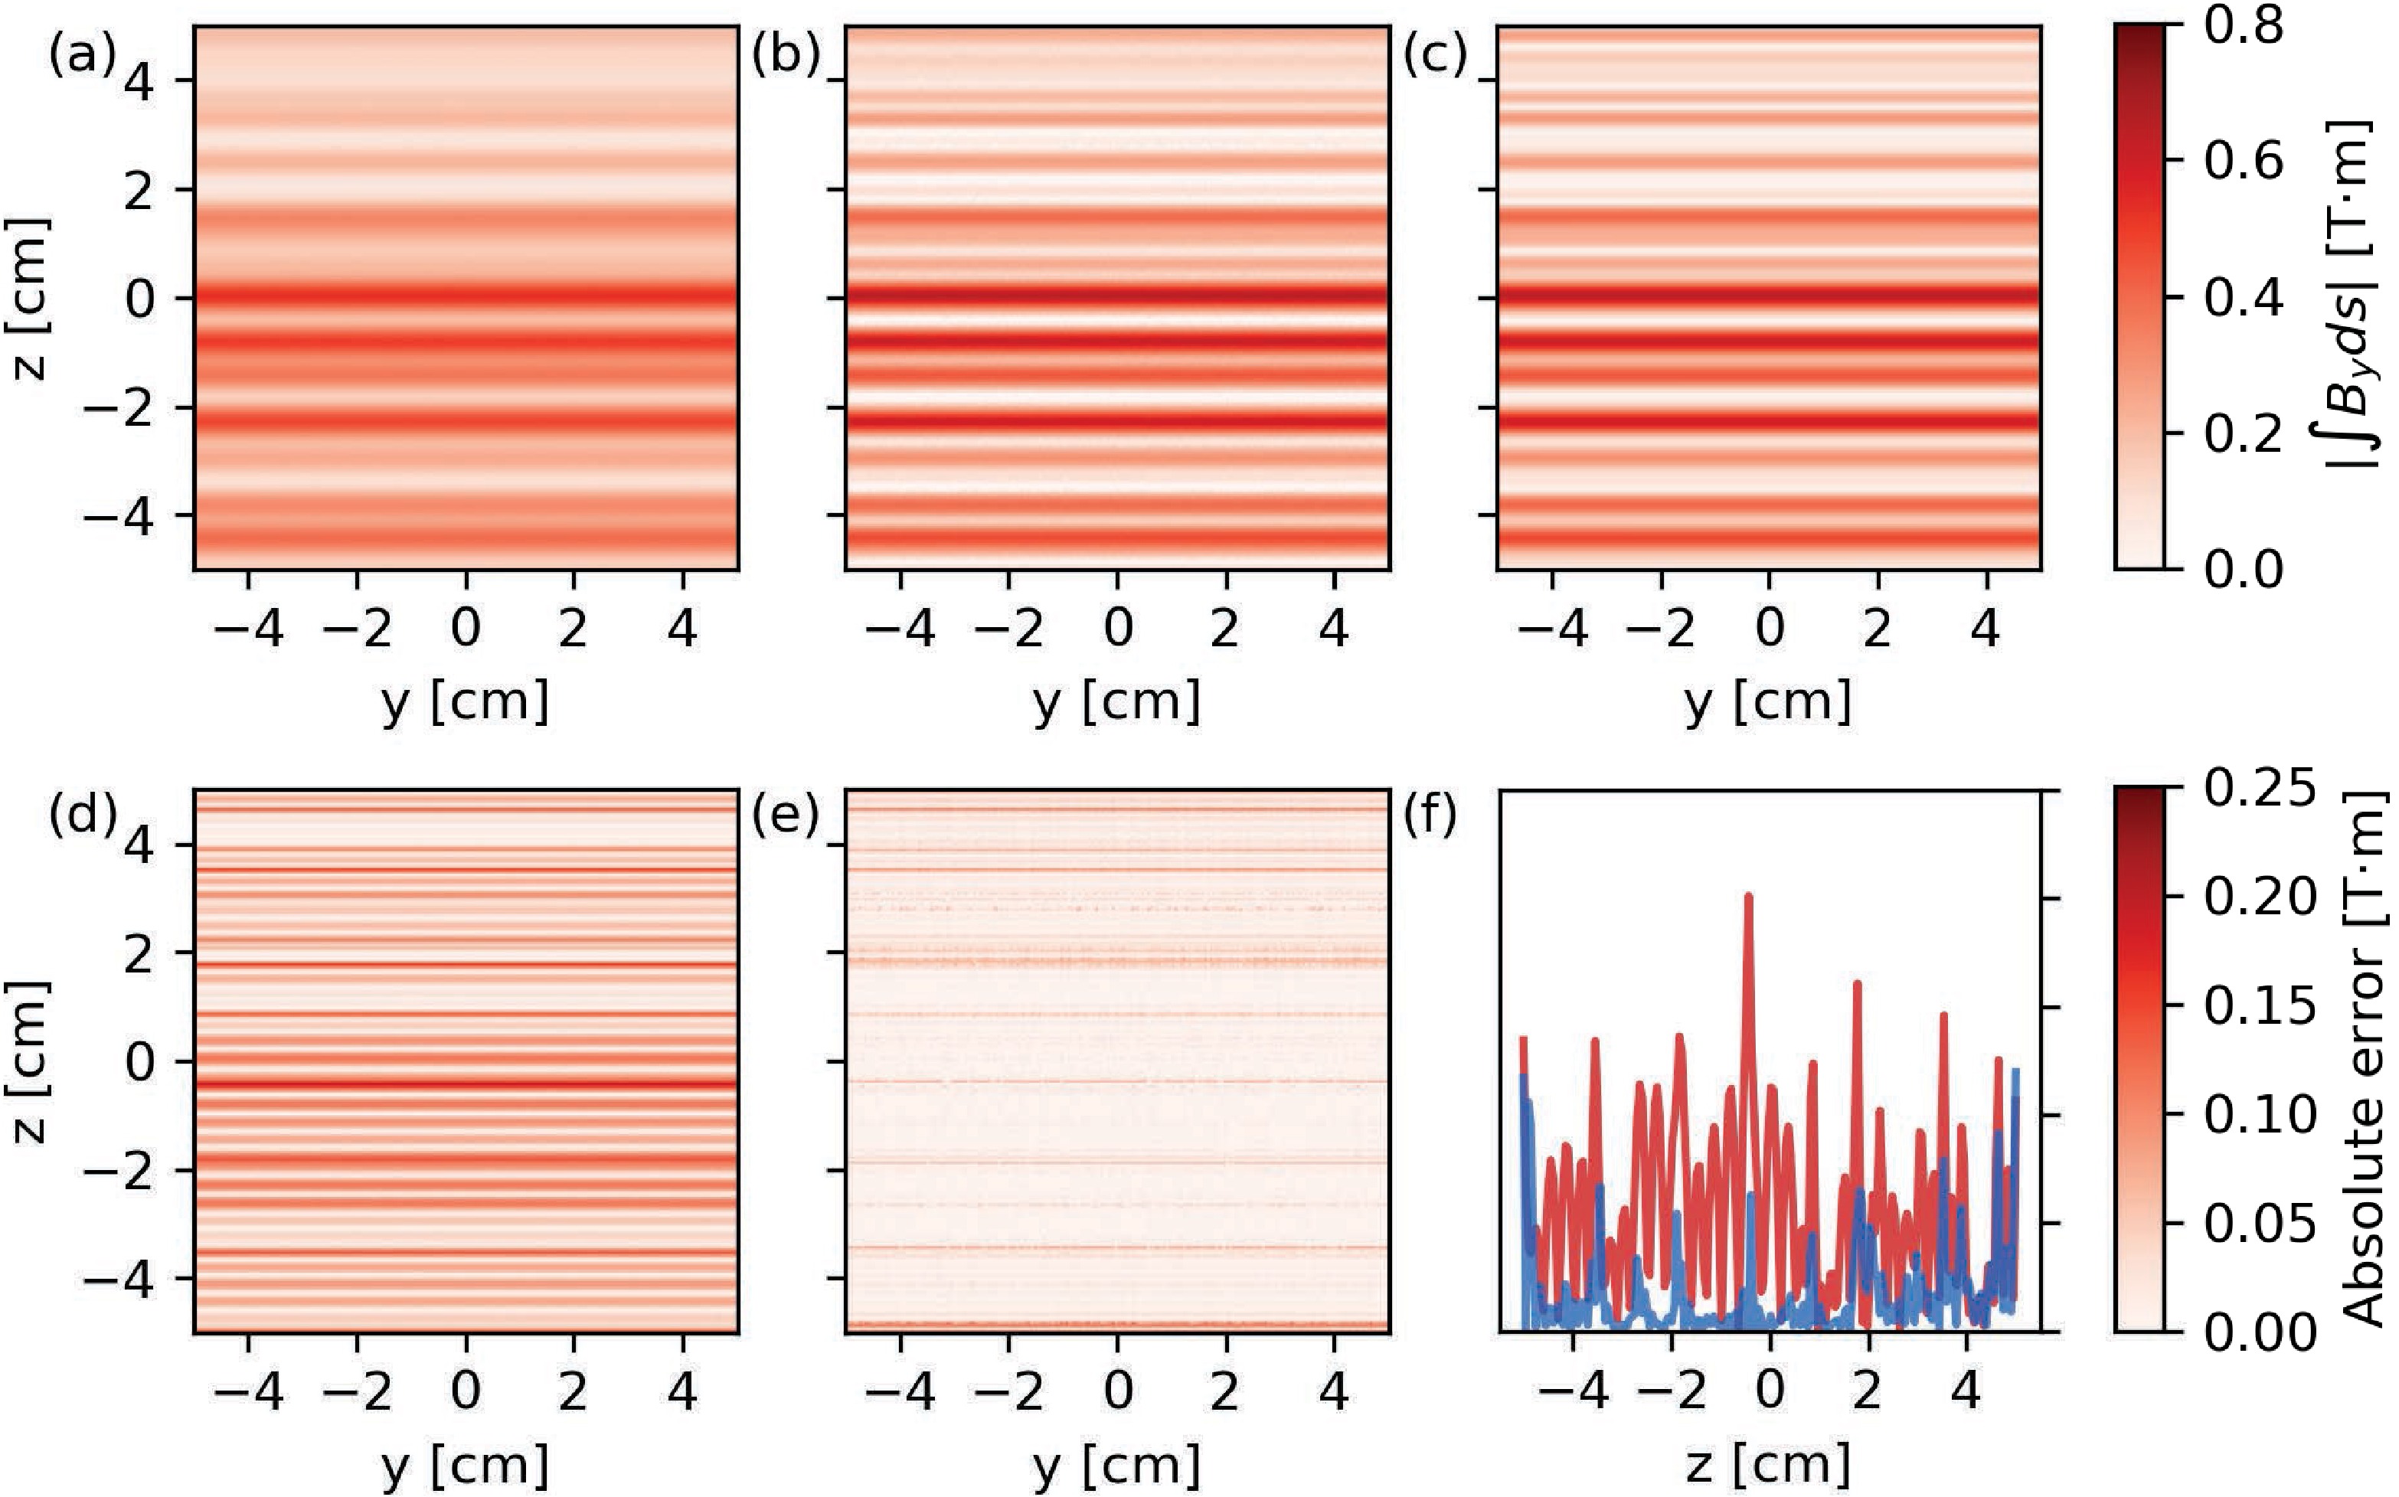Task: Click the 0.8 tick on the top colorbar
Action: click(2244, 26)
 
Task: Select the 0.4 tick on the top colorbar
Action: click(2244, 297)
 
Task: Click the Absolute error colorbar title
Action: click(2366, 1059)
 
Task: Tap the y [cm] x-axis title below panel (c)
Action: click(1767, 701)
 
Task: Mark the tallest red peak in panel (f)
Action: click(1748, 896)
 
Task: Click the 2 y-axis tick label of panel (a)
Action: click(139, 189)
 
